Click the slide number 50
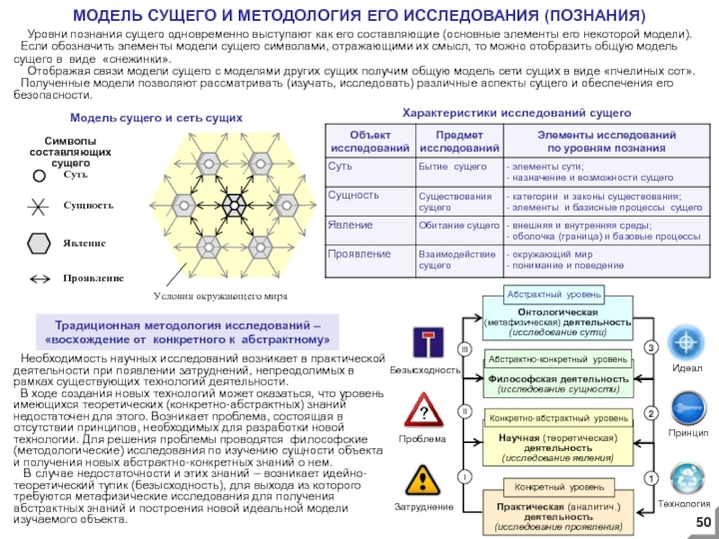703,524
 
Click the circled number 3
652,347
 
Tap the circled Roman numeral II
466,411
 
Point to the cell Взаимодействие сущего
457,260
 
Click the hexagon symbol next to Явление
40,243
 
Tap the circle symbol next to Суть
40,176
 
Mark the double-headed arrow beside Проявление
40,278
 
